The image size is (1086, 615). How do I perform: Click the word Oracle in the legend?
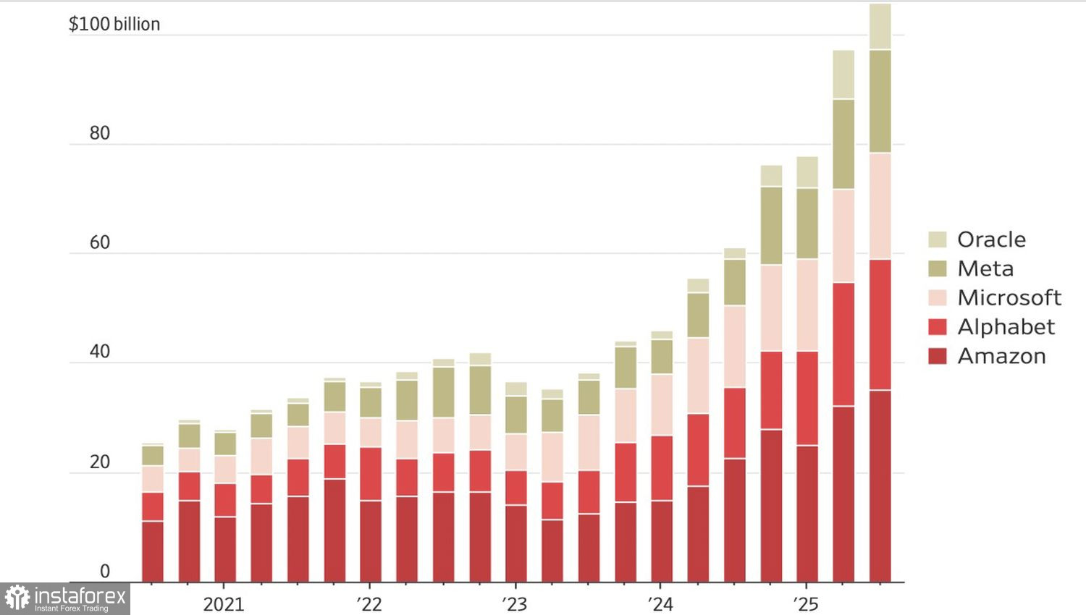tap(991, 239)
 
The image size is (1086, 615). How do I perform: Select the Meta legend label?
tap(985, 268)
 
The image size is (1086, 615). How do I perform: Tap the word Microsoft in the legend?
tap(1009, 297)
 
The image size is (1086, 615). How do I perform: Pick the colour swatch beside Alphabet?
tap(938, 327)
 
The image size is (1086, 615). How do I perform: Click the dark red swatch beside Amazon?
tap(938, 356)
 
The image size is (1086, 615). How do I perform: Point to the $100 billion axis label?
tap(114, 24)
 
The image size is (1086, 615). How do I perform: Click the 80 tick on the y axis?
tap(100, 133)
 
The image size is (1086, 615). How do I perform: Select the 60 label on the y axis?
tap(100, 242)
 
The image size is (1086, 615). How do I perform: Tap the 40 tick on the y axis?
tap(100, 352)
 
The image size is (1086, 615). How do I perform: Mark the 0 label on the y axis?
tap(105, 572)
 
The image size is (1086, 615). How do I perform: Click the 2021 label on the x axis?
tap(224, 604)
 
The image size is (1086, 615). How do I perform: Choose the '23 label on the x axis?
tap(515, 604)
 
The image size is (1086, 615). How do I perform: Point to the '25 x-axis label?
tap(805, 604)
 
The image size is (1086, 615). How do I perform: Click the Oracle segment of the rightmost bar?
tap(880, 27)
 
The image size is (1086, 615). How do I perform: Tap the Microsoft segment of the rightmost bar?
tap(880, 206)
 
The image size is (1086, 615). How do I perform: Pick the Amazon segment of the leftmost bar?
tap(153, 551)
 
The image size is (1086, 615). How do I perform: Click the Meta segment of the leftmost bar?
tap(153, 456)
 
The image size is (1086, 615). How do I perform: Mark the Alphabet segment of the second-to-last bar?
tap(843, 344)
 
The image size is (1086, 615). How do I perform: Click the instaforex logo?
tap(65, 598)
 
